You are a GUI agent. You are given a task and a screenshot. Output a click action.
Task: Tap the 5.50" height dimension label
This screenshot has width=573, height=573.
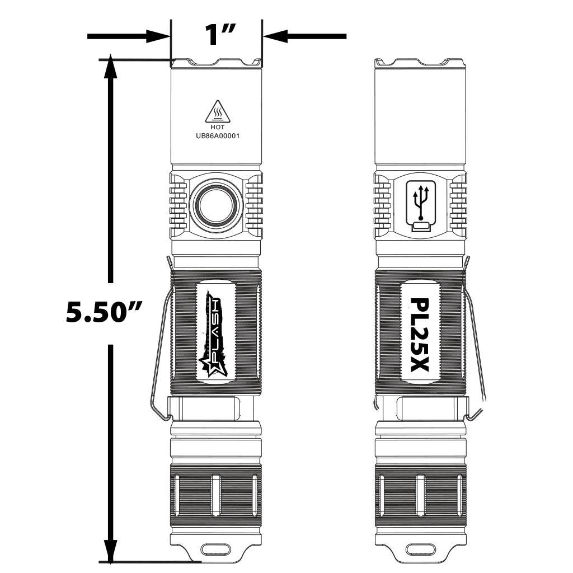pos(104,311)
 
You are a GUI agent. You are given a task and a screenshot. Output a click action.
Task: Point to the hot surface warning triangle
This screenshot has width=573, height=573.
pos(217,112)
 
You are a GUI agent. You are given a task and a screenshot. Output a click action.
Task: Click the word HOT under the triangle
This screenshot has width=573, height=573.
pos(216,128)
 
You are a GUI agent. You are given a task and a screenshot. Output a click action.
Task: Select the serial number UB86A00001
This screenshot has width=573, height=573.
pos(216,135)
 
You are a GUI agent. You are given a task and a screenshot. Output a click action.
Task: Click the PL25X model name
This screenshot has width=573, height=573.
pos(419,335)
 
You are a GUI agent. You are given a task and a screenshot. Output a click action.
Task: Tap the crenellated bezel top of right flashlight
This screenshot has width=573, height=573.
pos(420,62)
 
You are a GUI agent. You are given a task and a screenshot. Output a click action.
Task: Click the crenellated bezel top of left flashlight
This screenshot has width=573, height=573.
pos(216,62)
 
